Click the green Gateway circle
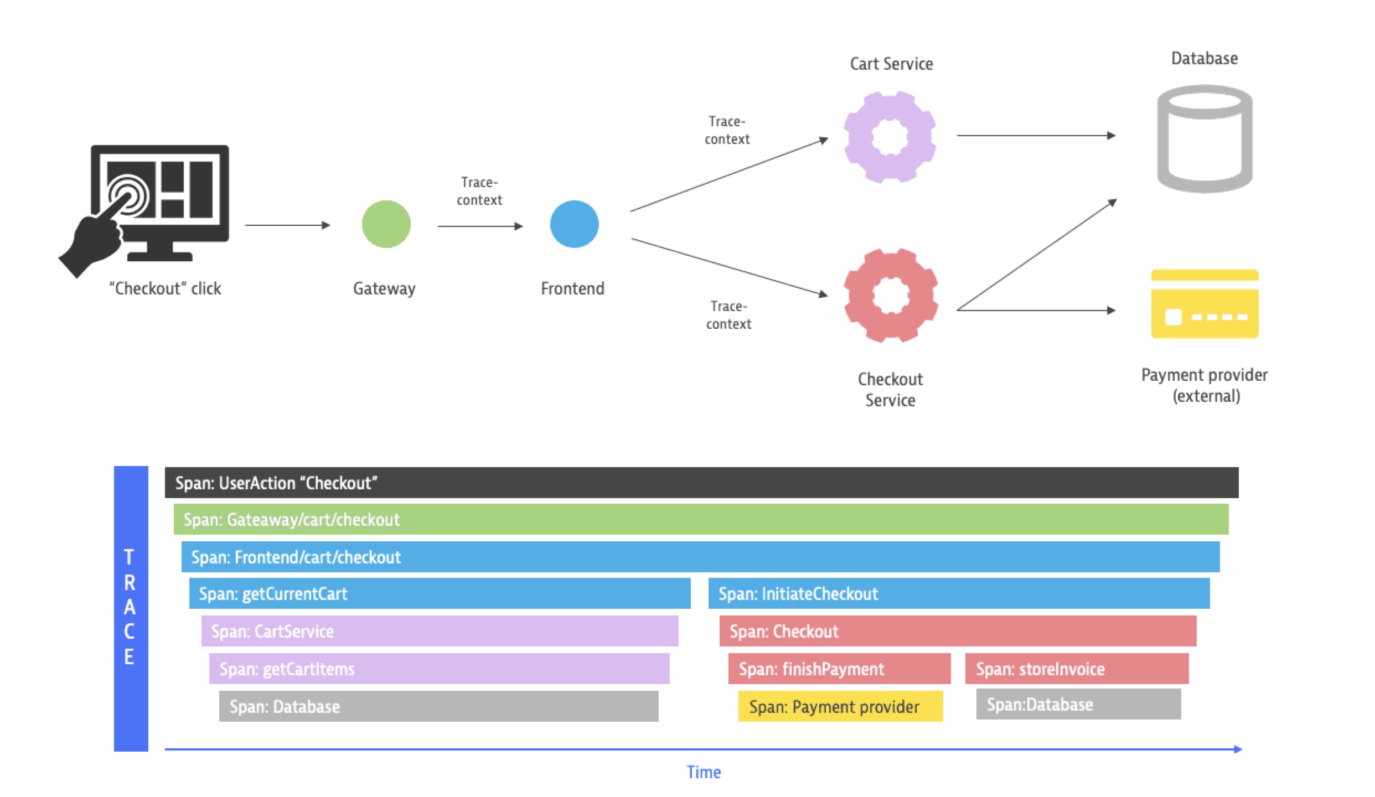(x=386, y=224)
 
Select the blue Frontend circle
(x=574, y=224)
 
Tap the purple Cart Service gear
(x=890, y=137)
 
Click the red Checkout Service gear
(x=891, y=295)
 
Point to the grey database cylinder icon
(x=1205, y=138)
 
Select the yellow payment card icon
(x=1205, y=304)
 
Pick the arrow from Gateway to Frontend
(x=479, y=226)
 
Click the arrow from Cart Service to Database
(x=1035, y=135)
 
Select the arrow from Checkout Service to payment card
(x=1035, y=310)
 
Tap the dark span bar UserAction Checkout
(x=701, y=483)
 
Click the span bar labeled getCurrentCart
(x=440, y=593)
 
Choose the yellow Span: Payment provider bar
(x=840, y=706)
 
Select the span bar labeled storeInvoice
(x=1076, y=669)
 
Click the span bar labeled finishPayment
(x=839, y=669)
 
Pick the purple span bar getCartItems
(x=439, y=669)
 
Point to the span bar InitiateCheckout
(x=959, y=593)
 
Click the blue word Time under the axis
(x=704, y=772)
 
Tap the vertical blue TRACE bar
(x=131, y=608)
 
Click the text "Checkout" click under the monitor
(x=165, y=288)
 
